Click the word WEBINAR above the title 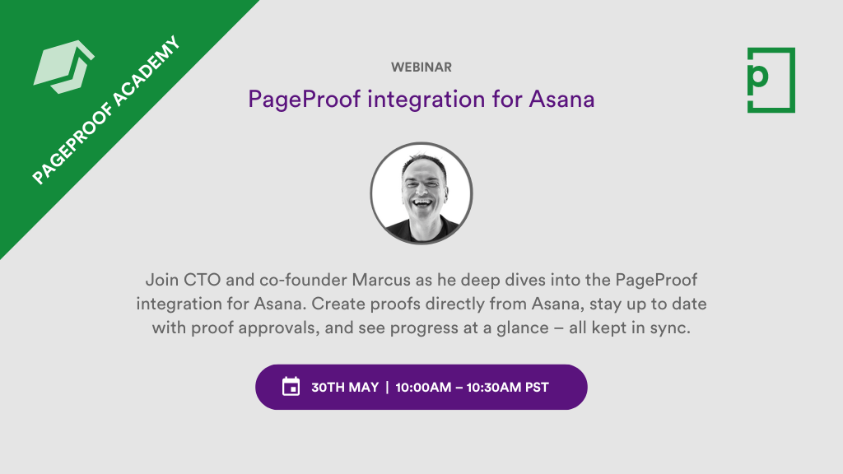tap(421, 67)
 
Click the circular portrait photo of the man tap(421, 193)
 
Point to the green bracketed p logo tap(771, 80)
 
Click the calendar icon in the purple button tap(291, 387)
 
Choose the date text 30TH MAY tap(345, 387)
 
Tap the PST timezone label tap(536, 387)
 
